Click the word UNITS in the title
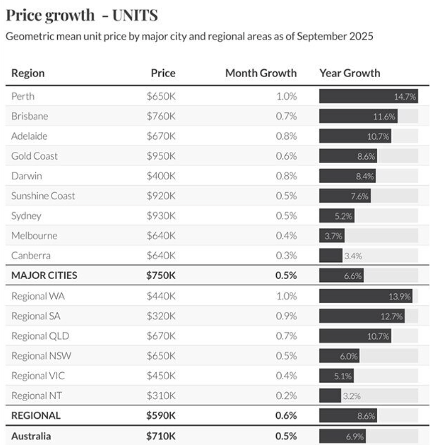coord(135,15)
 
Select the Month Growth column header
coord(261,73)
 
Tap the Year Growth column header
coord(350,73)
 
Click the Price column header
coord(163,73)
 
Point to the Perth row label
coord(23,96)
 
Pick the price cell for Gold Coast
coord(161,156)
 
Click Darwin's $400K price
coord(161,176)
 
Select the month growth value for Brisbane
coord(286,116)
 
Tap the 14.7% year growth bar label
coord(405,97)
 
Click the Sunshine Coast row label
coord(43,196)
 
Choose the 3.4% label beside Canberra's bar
coord(353,256)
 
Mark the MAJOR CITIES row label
coord(44,275)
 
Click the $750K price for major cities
coord(161,275)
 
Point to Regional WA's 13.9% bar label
coord(399,297)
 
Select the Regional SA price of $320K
coord(161,316)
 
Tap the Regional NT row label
coord(36,395)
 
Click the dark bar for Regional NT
coord(330,396)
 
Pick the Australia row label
coord(31,436)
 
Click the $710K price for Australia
coord(161,436)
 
